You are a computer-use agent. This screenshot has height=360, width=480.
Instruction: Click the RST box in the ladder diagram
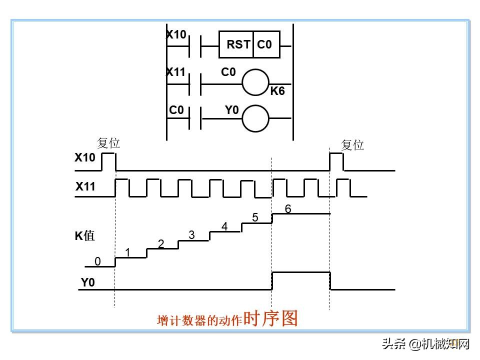pyautogui.click(x=237, y=44)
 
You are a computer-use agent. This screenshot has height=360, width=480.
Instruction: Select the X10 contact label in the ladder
pyautogui.click(x=176, y=34)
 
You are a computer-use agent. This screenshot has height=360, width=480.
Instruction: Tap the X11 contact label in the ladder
pyautogui.click(x=176, y=72)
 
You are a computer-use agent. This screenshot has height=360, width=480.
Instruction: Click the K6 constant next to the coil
pyautogui.click(x=277, y=91)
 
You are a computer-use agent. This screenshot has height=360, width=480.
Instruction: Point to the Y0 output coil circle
pyautogui.click(x=255, y=118)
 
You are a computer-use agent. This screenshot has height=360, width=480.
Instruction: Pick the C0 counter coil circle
pyautogui.click(x=255, y=81)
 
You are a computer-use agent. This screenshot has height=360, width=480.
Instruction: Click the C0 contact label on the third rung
pyautogui.click(x=176, y=110)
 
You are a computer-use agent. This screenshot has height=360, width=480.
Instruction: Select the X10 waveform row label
pyautogui.click(x=84, y=157)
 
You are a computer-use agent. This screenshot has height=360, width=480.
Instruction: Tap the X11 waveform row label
pyautogui.click(x=85, y=187)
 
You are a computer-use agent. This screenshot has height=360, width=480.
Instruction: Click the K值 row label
pyautogui.click(x=85, y=236)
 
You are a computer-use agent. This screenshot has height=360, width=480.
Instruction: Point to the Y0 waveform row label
pyautogui.click(x=88, y=282)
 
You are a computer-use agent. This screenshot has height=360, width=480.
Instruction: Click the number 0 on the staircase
pyautogui.click(x=97, y=261)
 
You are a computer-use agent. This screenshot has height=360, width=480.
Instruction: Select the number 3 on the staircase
pyautogui.click(x=191, y=235)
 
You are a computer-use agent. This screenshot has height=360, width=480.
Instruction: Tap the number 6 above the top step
pyautogui.click(x=288, y=209)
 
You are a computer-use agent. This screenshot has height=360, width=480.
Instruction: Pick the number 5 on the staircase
pyautogui.click(x=255, y=218)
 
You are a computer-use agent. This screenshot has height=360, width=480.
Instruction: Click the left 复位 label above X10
pyautogui.click(x=108, y=143)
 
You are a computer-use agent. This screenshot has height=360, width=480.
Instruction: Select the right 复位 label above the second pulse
pyautogui.click(x=352, y=145)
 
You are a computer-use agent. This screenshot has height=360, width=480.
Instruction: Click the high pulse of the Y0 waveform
pyautogui.click(x=300, y=272)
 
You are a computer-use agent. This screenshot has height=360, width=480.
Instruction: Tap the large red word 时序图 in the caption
pyautogui.click(x=270, y=318)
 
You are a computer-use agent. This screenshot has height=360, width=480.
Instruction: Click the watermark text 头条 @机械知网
pyautogui.click(x=426, y=344)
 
